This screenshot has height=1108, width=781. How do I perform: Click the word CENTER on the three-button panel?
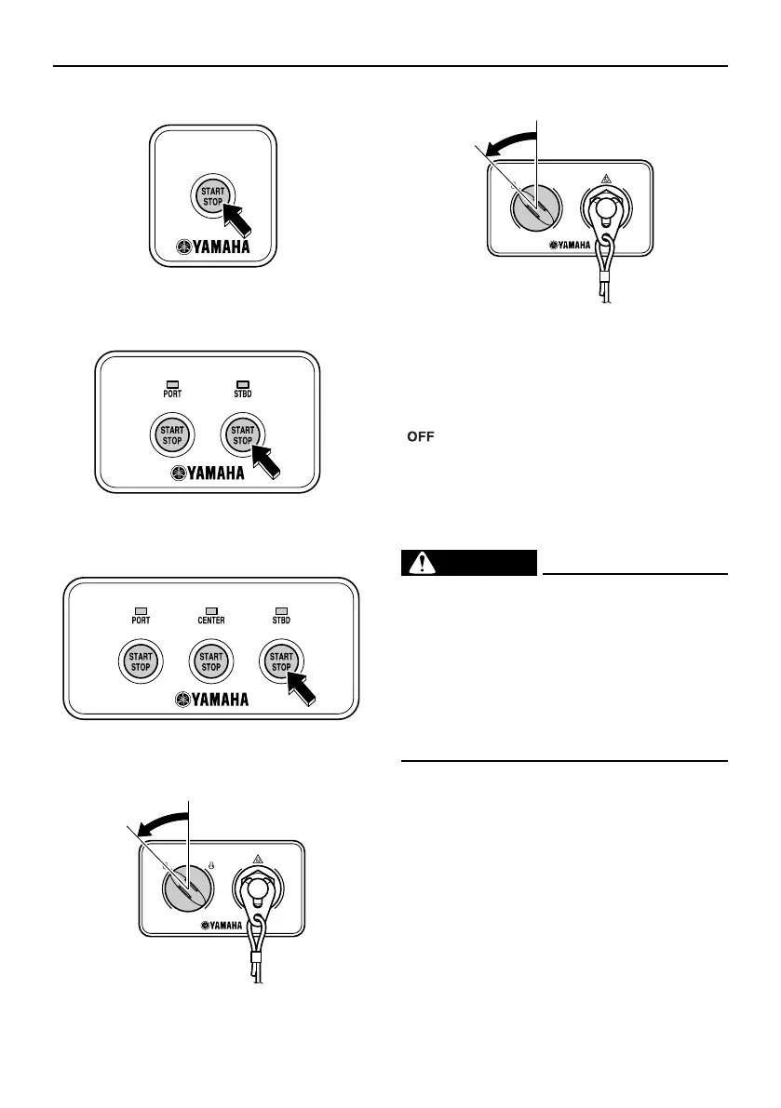211,620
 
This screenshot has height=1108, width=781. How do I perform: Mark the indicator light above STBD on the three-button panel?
280,608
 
